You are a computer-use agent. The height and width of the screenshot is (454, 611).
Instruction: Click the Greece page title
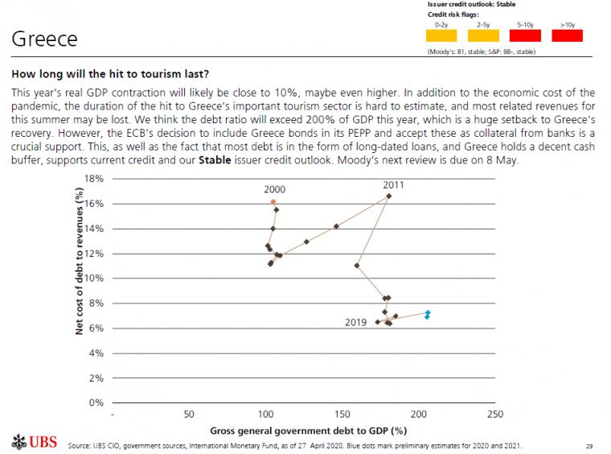(x=45, y=39)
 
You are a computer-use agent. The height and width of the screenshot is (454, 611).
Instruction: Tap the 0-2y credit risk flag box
(x=441, y=35)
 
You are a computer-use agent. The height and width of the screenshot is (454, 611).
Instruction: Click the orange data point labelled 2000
(x=273, y=202)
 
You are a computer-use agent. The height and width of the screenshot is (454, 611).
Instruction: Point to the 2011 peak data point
(x=389, y=196)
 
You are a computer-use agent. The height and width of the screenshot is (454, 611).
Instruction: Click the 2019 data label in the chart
(x=355, y=322)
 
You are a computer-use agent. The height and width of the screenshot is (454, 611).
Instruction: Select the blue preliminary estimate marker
(x=428, y=314)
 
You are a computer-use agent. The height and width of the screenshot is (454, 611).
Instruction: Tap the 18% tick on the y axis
(x=94, y=179)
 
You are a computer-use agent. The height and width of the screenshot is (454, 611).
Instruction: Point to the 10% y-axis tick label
(x=94, y=279)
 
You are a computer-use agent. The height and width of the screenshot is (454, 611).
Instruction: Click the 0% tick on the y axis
(x=96, y=402)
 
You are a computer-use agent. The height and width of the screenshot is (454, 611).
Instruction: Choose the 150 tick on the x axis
(x=341, y=415)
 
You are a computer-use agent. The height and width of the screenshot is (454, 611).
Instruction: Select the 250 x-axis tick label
(x=494, y=415)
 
